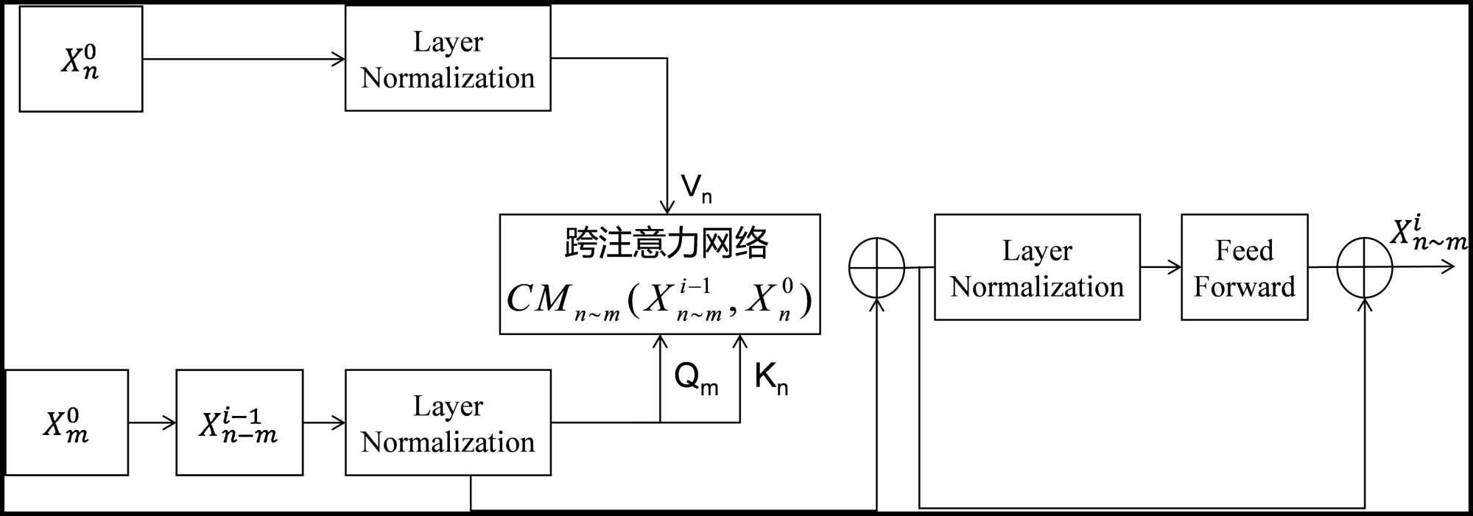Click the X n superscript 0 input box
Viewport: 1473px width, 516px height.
(x=81, y=59)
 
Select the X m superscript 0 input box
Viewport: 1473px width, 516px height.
(x=67, y=423)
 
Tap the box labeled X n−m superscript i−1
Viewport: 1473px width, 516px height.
(x=239, y=423)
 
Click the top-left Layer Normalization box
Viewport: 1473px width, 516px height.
(x=448, y=59)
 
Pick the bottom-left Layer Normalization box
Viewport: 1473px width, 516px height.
(x=448, y=423)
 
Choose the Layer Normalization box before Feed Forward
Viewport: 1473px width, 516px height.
(x=1037, y=267)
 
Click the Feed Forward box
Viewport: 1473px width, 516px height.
(x=1244, y=267)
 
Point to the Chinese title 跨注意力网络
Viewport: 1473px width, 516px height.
(x=666, y=243)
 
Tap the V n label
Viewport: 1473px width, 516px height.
(x=696, y=188)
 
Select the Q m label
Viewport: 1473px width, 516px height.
(x=696, y=378)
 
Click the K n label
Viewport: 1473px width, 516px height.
(x=771, y=378)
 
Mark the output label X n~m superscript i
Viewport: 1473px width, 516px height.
(x=1427, y=234)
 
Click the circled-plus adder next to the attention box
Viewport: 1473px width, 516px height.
(x=876, y=268)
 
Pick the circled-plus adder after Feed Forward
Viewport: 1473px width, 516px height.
(x=1364, y=268)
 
